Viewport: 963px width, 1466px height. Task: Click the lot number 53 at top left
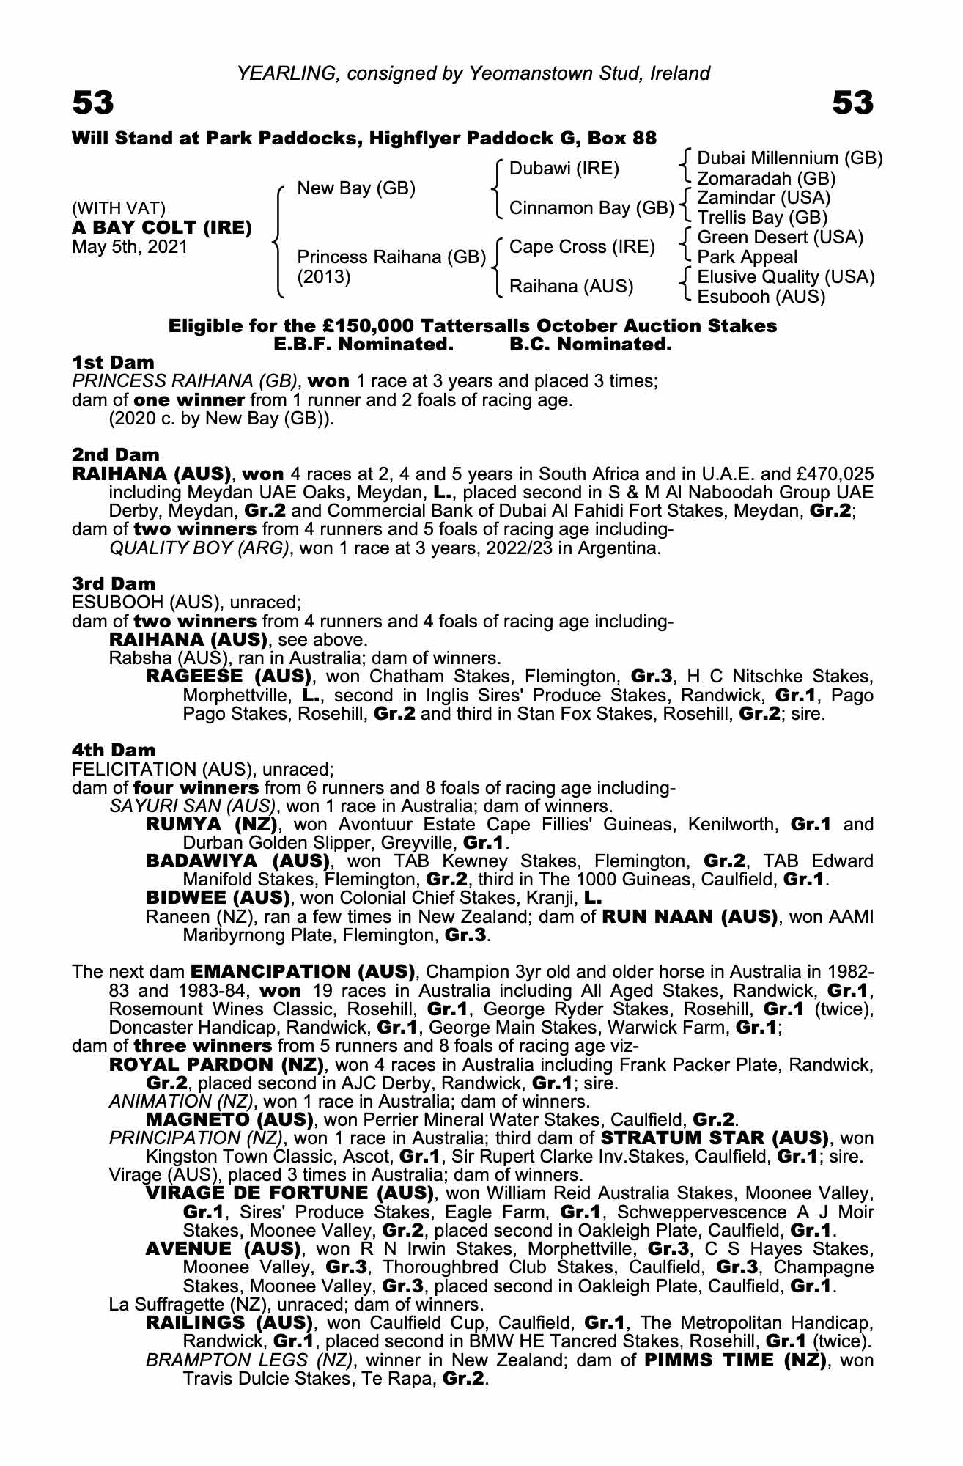[93, 103]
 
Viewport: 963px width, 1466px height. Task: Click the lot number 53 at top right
[853, 103]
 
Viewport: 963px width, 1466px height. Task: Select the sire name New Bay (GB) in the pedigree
[356, 188]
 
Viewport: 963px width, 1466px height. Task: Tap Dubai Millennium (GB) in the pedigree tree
[789, 158]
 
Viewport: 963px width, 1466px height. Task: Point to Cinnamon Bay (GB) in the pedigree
[591, 208]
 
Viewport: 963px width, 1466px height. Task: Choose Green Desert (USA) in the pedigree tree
[780, 237]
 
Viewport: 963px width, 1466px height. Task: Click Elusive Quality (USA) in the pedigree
[786, 277]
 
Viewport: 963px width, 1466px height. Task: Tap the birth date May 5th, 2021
[130, 247]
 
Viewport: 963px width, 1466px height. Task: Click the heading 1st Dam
[113, 362]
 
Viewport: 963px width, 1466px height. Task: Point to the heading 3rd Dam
[114, 583]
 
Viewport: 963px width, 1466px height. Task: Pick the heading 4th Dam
[114, 750]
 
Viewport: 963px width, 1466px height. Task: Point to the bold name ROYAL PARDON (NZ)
[216, 1064]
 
